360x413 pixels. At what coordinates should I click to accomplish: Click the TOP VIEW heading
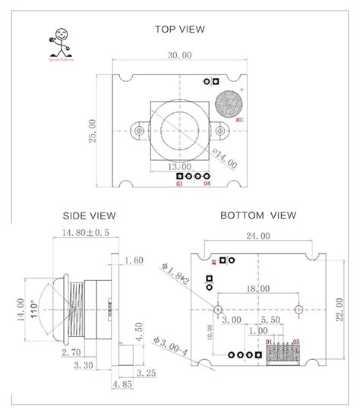pos(180,30)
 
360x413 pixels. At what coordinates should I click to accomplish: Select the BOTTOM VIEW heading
pos(257,216)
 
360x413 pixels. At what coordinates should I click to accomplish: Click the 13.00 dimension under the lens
pos(179,167)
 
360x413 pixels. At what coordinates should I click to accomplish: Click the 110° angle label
pos(34,307)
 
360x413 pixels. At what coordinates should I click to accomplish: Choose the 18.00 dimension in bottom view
pos(257,288)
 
